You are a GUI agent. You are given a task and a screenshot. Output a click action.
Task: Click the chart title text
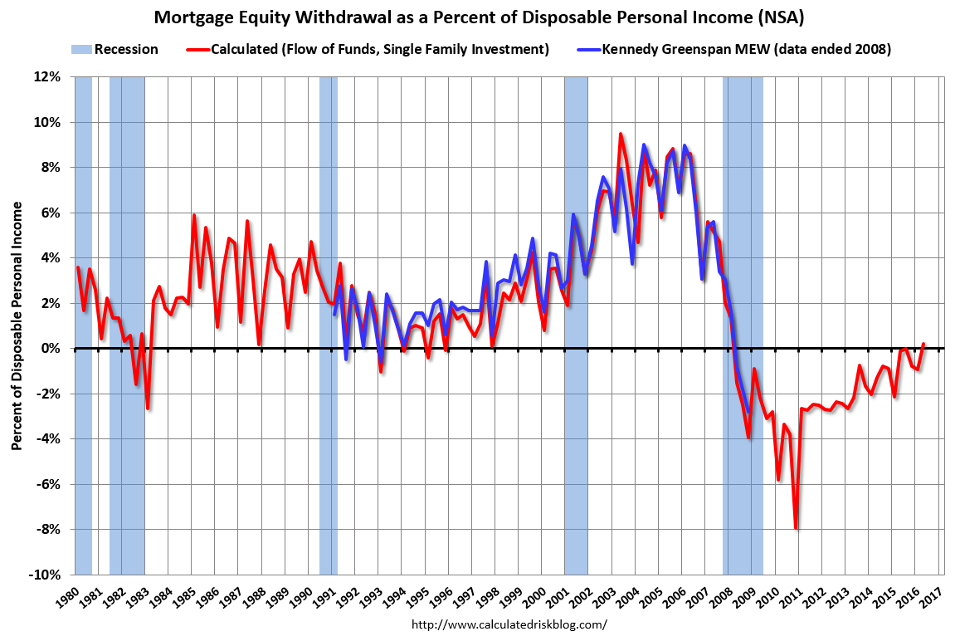tap(477, 16)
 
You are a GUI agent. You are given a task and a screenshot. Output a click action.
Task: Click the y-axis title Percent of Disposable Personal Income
tap(17, 326)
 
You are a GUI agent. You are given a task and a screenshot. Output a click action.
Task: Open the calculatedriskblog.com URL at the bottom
tap(509, 623)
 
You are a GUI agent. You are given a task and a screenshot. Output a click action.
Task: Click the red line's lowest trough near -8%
tap(796, 528)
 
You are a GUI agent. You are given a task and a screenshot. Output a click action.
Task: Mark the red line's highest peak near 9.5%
tap(620, 134)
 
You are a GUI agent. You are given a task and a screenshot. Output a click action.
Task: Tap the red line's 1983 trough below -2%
tap(148, 408)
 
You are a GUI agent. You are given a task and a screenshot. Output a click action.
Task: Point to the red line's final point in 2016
tap(923, 344)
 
